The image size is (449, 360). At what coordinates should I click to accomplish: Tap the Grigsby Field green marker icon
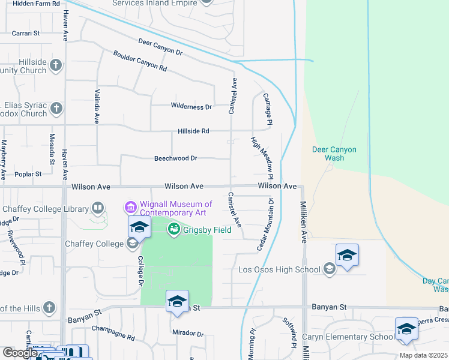click(x=174, y=229)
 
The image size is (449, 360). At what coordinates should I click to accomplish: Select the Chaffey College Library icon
click(x=97, y=209)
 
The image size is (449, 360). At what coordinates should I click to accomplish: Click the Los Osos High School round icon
click(x=328, y=269)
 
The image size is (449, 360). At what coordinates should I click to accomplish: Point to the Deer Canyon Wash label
click(x=334, y=154)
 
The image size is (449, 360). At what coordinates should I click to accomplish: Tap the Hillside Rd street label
click(x=193, y=131)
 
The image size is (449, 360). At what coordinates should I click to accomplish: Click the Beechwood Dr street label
click(x=176, y=158)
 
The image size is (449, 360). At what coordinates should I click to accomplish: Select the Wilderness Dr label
click(x=191, y=107)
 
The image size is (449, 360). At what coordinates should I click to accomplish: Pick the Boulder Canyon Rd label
click(x=140, y=61)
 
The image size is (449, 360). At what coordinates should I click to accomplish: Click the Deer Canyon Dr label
click(x=160, y=48)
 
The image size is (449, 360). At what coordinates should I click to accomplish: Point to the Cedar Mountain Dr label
click(x=265, y=225)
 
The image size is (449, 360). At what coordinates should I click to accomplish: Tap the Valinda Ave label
click(x=96, y=107)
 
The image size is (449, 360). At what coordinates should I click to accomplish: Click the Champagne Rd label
click(x=113, y=332)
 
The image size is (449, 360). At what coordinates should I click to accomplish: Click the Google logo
click(x=20, y=353)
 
